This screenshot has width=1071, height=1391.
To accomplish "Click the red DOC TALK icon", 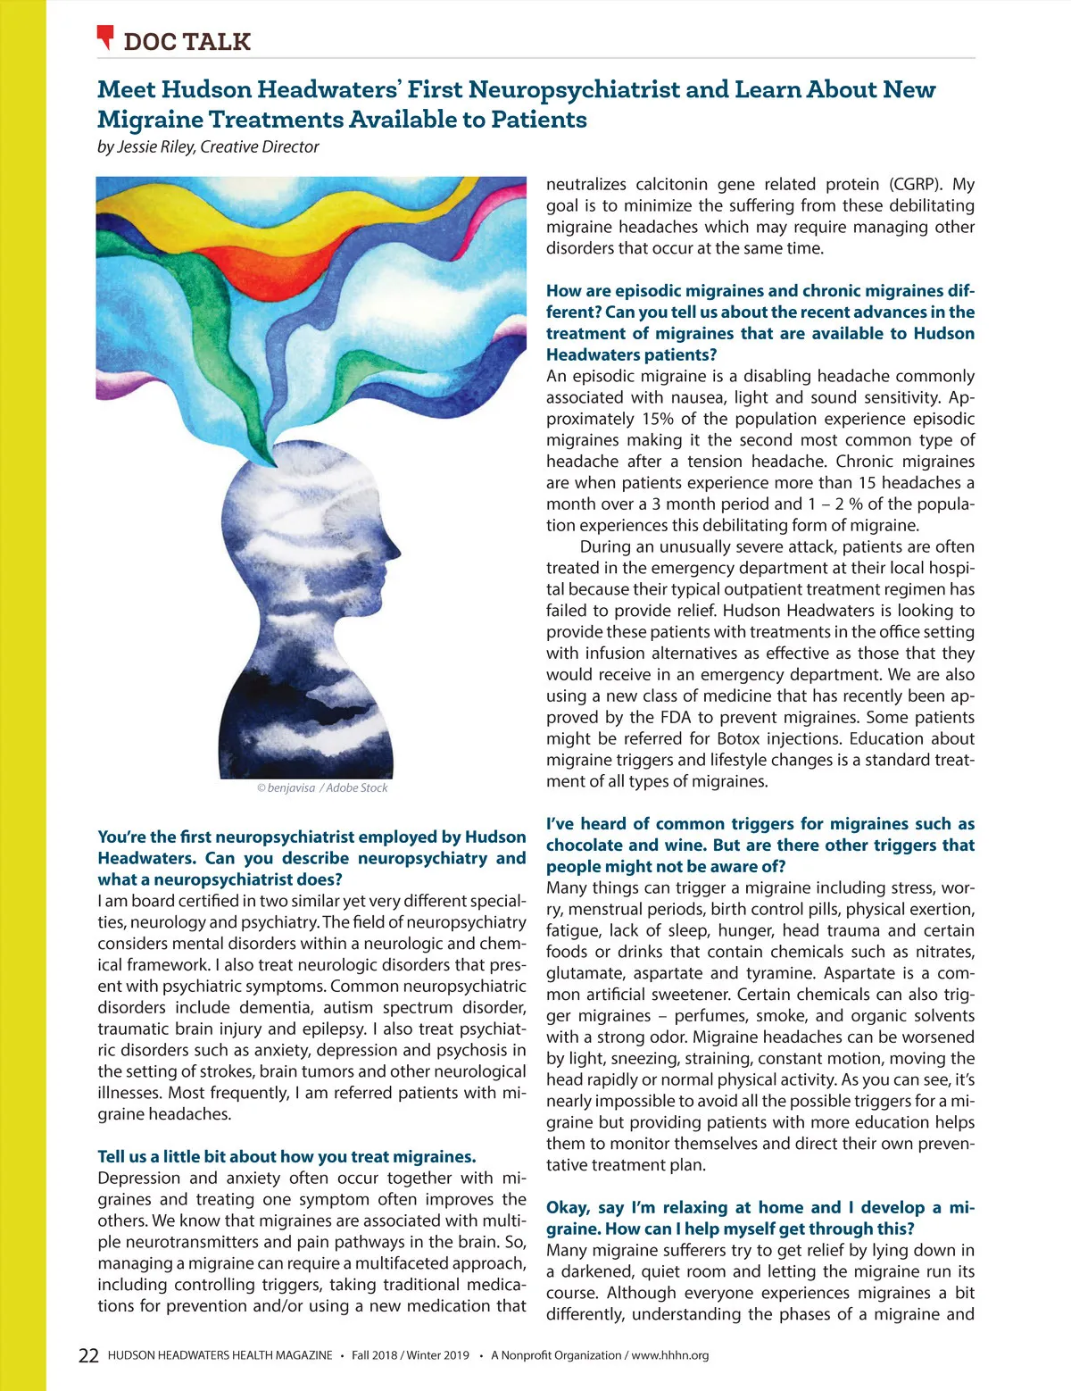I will pos(105,37).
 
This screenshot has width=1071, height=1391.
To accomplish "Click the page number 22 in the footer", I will pos(88,1355).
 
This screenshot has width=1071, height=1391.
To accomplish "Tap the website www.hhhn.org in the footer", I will pos(670,1355).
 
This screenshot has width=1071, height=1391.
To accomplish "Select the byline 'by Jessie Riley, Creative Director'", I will pos(208,147).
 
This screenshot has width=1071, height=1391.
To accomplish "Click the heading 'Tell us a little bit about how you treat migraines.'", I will pos(286,1157).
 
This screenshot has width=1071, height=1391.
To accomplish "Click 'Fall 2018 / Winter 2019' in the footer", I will pos(410,1355).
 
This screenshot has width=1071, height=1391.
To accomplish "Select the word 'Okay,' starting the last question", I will pos(568,1208).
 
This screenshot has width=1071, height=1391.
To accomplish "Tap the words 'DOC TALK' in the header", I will pos(187,41).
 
